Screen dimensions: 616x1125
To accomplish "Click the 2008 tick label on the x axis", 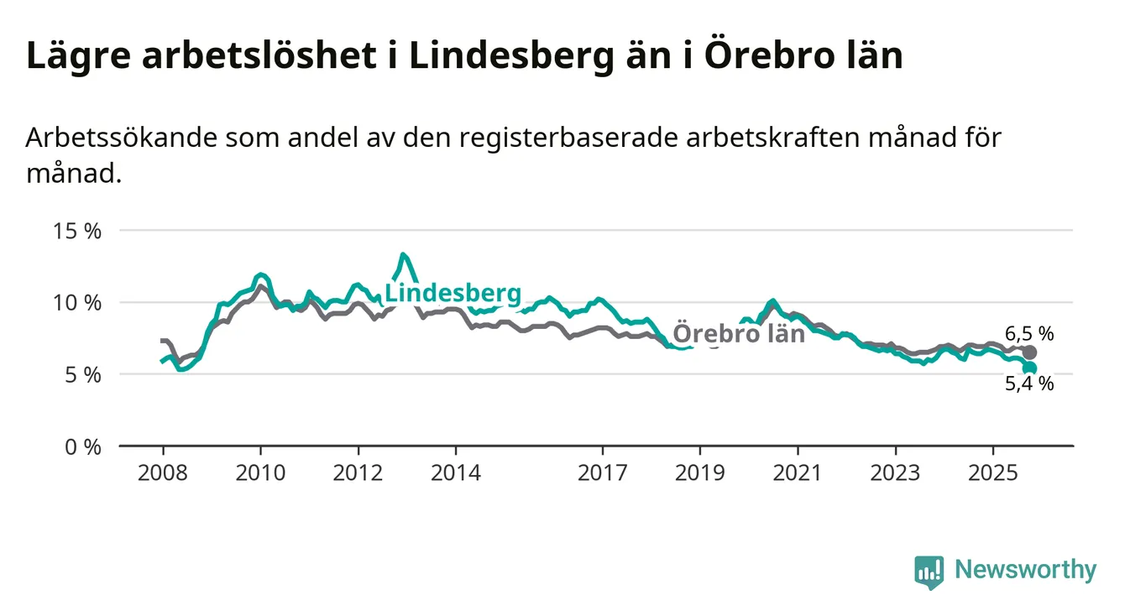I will point(163,472).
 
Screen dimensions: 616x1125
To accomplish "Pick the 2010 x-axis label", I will point(260,472).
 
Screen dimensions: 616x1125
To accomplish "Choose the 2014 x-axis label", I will point(456,472).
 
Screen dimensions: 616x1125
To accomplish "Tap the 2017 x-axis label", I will point(602,472).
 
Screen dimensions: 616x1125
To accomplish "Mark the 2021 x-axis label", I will point(798,472).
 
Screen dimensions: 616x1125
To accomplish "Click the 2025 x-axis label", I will point(993,472).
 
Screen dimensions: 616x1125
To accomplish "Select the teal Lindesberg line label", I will point(453,294).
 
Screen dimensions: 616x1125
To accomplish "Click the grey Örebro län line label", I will point(739,334).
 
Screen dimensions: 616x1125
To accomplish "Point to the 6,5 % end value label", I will point(1029,333).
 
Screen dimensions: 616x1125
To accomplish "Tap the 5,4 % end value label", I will point(1029,384).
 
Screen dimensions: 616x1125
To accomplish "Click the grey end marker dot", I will point(1029,352).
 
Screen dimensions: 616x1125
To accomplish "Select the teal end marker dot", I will point(1029,368).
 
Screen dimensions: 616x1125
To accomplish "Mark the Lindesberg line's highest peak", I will point(404,254).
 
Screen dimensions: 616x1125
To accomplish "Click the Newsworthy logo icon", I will point(929,572).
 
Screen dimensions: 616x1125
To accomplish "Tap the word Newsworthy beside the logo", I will point(1025,571).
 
